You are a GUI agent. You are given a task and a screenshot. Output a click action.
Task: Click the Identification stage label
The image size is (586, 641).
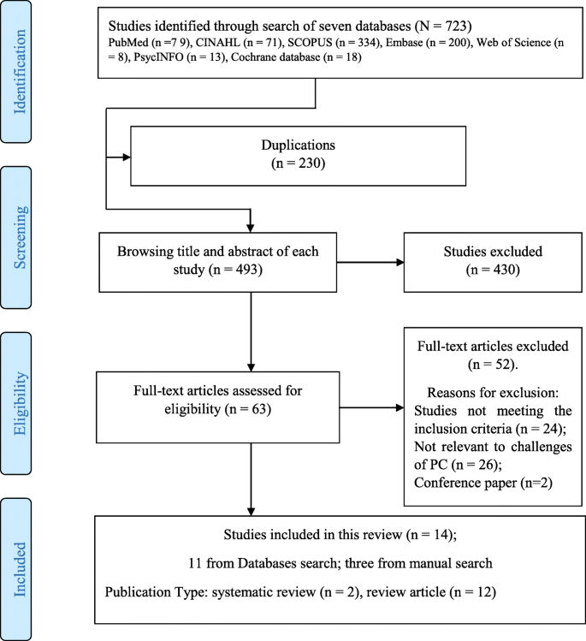click(20, 72)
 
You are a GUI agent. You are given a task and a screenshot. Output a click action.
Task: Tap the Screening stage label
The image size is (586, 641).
click(20, 238)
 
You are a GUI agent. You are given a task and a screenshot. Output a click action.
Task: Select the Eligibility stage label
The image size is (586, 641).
click(20, 403)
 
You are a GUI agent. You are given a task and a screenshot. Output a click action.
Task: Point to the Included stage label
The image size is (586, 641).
click(20, 569)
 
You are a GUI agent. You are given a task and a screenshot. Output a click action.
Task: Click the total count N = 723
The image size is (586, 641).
click(443, 27)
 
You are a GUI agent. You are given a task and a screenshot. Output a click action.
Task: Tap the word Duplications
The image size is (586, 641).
click(299, 145)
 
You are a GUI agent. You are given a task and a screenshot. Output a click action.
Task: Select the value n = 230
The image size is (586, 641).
click(299, 163)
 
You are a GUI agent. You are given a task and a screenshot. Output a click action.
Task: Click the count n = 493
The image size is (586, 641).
click(235, 270)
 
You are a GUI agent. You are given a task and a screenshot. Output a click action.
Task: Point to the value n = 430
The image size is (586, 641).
click(493, 270)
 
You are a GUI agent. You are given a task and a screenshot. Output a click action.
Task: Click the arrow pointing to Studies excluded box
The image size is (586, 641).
click(370, 263)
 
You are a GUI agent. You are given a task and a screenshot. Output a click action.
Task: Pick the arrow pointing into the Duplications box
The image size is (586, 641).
click(118, 157)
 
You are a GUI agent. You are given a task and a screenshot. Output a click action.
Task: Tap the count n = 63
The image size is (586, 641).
click(248, 409)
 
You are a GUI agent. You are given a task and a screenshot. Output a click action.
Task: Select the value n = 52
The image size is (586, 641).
click(493, 365)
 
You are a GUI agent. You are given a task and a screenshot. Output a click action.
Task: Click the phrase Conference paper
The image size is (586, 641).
click(465, 483)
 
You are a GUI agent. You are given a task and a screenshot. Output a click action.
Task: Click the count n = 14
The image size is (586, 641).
click(431, 535)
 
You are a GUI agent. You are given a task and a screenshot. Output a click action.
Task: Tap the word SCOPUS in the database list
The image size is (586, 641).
click(311, 43)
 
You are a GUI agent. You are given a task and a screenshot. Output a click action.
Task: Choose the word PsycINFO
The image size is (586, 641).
click(158, 56)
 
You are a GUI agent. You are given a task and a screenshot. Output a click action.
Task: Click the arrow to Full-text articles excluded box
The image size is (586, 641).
click(372, 407)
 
